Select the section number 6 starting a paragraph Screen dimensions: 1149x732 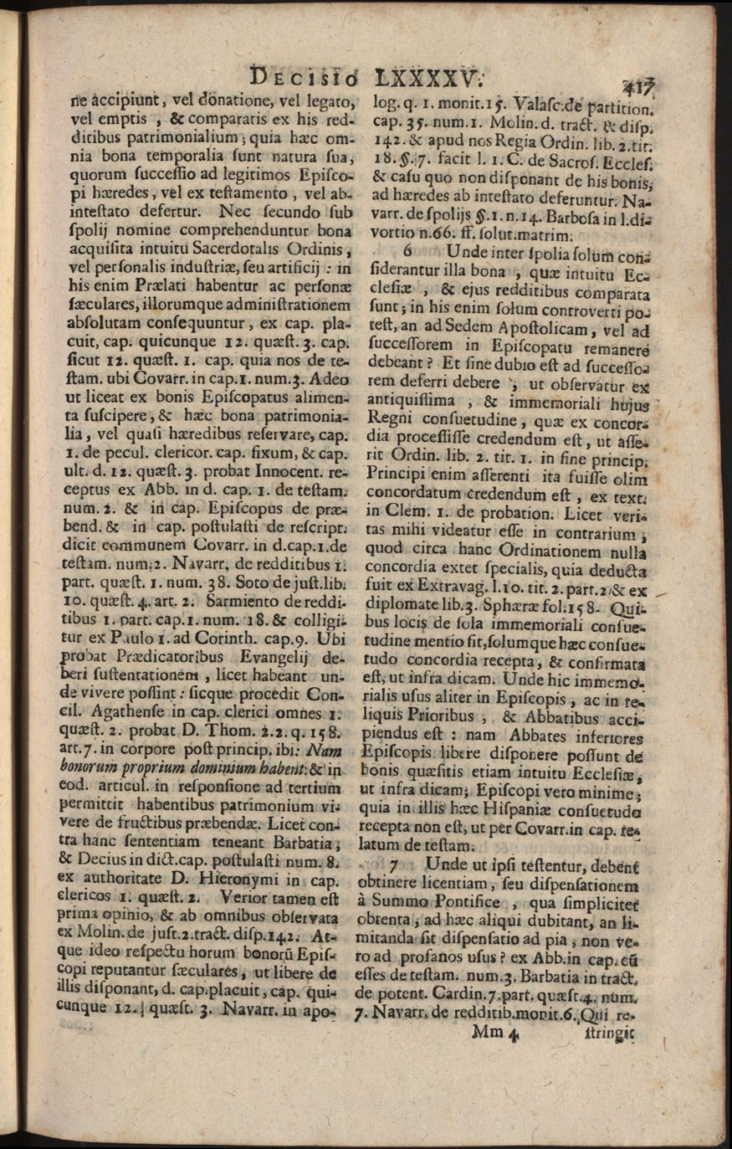click(409, 250)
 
